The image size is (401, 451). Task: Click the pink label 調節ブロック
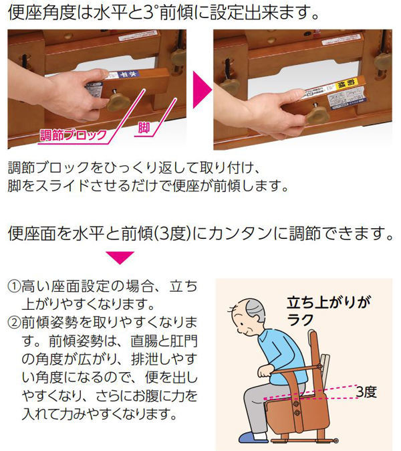tap(73, 135)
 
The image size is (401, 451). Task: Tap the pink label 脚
tap(144, 127)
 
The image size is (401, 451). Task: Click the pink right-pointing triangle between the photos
tap(203, 90)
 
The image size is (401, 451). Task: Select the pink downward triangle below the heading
tap(120, 258)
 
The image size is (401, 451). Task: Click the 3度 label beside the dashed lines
tap(366, 391)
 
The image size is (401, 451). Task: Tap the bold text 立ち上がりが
tap(329, 302)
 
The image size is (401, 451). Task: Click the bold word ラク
tap(300, 320)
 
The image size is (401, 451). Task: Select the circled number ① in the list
tap(14, 286)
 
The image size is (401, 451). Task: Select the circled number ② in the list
tap(14, 323)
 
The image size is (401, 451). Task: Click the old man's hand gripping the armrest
tap(265, 371)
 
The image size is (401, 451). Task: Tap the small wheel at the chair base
tap(336, 441)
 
